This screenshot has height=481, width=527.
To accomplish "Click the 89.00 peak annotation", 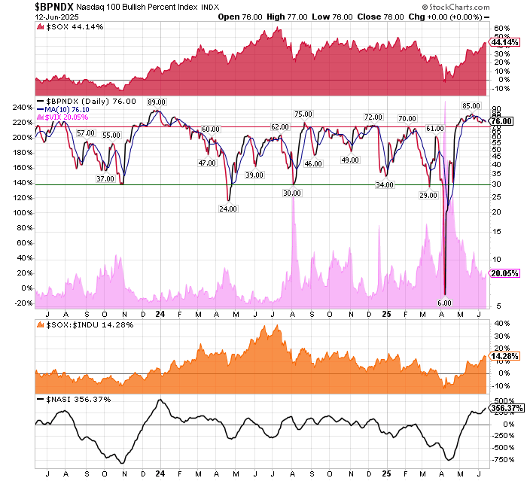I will coord(157,102).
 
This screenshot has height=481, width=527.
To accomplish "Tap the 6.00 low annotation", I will coord(444,303).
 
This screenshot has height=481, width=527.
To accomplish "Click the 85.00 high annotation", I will coord(471,106).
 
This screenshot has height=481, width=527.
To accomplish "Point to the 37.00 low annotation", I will coord(105,179).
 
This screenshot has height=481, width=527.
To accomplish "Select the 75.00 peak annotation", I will coord(303,114).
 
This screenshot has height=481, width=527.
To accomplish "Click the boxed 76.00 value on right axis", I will coord(501,121).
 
